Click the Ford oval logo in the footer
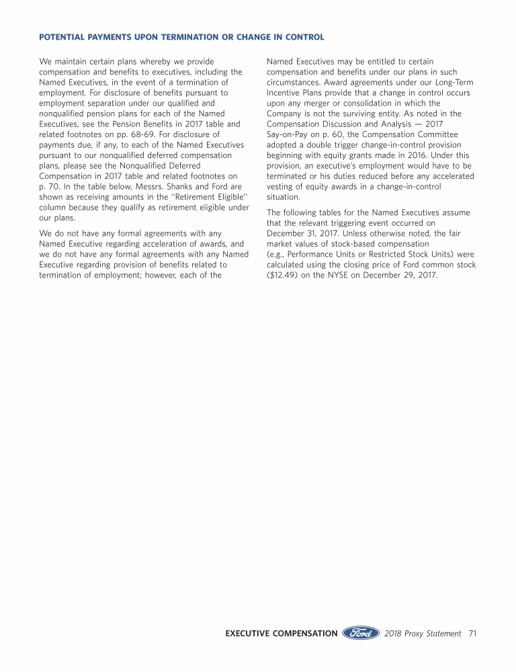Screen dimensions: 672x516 pyautogui.click(x=361, y=633)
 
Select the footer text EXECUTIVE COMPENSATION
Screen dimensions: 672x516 pyautogui.click(x=282, y=633)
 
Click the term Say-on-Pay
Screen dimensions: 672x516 pyautogui.click(x=291, y=134)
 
